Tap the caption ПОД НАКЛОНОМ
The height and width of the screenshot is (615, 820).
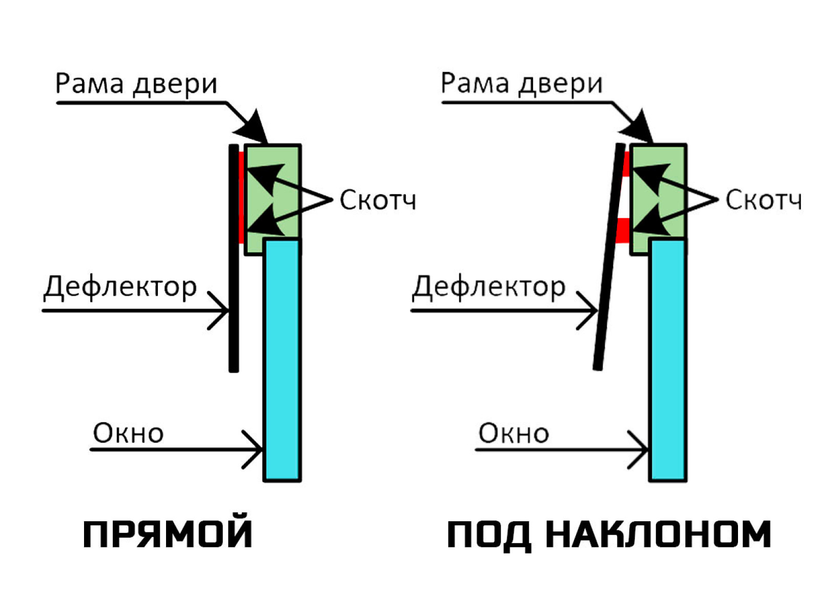pos(608,534)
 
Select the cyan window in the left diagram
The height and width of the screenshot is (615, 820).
pos(282,359)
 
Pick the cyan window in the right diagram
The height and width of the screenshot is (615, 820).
pos(667,359)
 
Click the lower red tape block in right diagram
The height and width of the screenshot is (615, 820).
pos(622,230)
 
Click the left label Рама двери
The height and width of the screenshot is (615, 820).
pos(136,84)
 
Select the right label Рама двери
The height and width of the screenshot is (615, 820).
pos(522,84)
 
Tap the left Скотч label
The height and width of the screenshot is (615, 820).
pos(378,200)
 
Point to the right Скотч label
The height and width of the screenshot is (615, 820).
pos(763,200)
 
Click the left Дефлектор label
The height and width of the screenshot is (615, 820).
pos(120,287)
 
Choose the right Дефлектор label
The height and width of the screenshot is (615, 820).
pos(489,287)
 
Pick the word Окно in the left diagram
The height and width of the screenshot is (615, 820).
pos(128,434)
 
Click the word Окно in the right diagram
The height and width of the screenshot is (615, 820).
pos(514,434)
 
